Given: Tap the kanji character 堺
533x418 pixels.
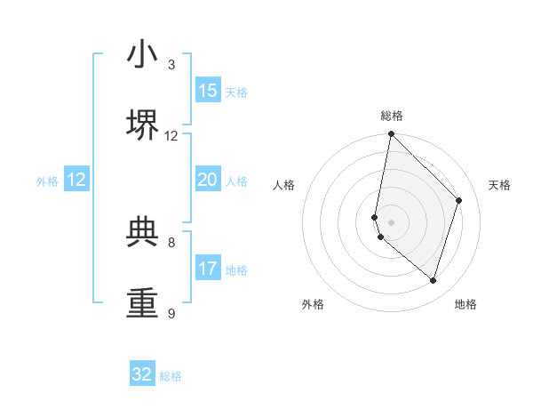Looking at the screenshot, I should [x=143, y=125].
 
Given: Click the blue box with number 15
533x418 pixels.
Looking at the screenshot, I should [x=208, y=91].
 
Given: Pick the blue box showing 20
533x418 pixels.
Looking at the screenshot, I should [x=208, y=180].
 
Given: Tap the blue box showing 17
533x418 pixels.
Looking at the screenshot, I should [x=208, y=269].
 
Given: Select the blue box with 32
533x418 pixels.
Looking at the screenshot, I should [x=142, y=374].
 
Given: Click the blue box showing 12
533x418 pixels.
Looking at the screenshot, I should [x=76, y=180].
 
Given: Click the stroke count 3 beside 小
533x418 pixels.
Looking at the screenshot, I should [x=171, y=65].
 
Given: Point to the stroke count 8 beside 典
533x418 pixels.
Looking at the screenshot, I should [x=171, y=242].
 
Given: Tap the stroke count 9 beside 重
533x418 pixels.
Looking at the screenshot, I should [x=171, y=314].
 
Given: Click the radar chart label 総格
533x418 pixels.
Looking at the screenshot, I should [x=392, y=116].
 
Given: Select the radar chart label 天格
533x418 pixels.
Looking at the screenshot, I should [x=499, y=185].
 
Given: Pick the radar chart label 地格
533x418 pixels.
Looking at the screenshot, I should [x=465, y=304].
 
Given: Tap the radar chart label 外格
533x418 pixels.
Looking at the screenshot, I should [x=313, y=304].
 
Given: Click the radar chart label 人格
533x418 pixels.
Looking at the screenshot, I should [x=284, y=185].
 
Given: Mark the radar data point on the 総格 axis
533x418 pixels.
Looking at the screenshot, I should [x=391, y=134].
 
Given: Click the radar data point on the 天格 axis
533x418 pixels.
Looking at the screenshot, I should [x=459, y=200].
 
